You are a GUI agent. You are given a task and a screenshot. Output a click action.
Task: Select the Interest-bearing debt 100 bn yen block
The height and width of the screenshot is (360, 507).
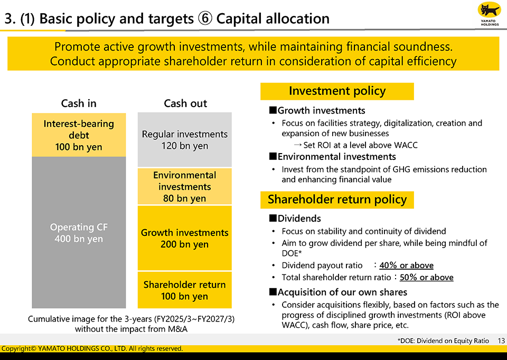click(79, 135)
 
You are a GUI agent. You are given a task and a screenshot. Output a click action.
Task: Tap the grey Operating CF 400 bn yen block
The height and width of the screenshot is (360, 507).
click(79, 233)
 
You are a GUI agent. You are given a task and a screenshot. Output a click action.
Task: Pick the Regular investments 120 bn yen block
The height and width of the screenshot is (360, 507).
click(185, 140)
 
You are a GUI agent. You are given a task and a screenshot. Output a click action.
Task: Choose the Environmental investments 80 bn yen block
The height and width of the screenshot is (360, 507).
click(185, 186)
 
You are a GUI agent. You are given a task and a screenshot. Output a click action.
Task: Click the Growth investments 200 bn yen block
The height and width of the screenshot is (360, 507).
click(185, 238)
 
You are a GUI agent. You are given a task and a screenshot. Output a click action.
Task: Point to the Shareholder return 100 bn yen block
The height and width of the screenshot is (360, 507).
click(185, 290)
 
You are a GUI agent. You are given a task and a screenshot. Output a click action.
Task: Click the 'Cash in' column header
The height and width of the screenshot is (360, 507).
click(79, 103)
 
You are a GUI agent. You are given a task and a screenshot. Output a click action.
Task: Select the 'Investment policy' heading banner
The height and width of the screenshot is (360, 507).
click(337, 91)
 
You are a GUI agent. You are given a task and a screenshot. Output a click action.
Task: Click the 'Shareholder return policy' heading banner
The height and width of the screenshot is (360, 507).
click(337, 200)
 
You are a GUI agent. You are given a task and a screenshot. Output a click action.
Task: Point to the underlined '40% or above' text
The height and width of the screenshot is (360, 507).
click(406, 266)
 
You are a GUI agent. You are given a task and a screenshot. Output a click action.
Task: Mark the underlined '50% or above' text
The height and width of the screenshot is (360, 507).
click(426, 278)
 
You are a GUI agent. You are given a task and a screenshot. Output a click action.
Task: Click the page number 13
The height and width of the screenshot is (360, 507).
click(501, 341)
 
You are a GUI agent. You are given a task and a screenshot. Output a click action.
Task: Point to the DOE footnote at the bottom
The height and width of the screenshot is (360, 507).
click(443, 341)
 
